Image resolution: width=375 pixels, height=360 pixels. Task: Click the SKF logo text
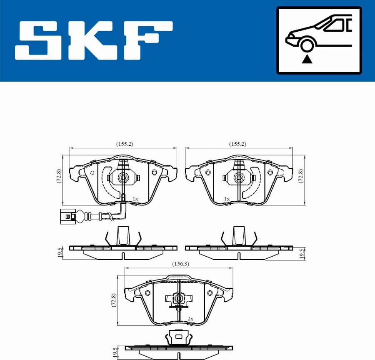click(94, 40)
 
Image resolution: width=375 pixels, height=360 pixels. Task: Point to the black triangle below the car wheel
click(307, 59)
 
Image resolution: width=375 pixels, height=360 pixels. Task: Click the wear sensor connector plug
click(68, 216)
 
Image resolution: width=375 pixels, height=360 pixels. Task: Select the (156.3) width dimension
click(180, 264)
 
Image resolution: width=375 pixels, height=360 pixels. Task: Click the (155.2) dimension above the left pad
click(125, 144)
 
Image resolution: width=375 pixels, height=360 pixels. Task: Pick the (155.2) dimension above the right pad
click(237, 144)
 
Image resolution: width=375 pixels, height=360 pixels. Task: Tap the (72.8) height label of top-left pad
click(59, 176)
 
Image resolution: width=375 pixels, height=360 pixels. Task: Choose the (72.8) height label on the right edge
click(301, 176)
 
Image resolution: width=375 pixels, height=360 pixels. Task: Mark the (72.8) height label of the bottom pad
click(114, 300)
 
